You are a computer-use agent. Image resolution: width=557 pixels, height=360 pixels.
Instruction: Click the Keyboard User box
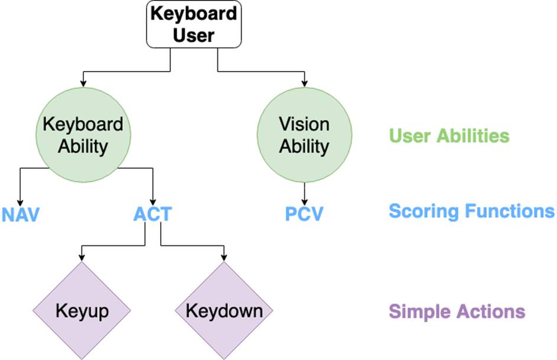point(194,24)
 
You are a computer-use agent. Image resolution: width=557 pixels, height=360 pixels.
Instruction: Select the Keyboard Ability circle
point(83,135)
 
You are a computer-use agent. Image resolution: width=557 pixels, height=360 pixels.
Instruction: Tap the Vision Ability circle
point(304,135)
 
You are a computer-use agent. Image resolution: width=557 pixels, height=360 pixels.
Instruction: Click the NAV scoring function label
point(20,215)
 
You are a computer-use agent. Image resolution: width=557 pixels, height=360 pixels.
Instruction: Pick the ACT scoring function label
point(153,214)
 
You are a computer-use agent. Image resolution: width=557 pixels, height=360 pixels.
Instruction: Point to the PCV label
point(304,214)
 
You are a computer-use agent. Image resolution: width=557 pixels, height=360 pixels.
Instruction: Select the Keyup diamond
point(82,310)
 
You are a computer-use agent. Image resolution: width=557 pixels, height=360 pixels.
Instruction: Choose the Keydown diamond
point(224,310)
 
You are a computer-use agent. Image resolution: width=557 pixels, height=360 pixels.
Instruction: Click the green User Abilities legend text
point(449,136)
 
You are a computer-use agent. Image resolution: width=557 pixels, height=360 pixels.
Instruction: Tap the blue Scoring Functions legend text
point(472,211)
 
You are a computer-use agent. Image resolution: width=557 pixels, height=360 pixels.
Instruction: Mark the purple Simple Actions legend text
point(457,312)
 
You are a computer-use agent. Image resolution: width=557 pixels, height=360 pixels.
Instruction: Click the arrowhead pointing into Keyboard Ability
point(83,84)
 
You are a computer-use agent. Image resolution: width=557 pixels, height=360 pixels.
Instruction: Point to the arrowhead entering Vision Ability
point(304,84)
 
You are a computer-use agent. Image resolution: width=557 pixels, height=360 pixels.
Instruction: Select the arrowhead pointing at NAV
point(20,203)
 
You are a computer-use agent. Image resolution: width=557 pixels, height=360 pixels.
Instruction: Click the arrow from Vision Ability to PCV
point(304,194)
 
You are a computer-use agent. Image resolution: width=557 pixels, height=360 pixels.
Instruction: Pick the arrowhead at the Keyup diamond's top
point(82,258)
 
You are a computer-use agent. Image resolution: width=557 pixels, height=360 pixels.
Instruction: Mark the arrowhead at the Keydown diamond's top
point(224,258)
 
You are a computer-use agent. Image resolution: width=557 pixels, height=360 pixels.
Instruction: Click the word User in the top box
point(194,35)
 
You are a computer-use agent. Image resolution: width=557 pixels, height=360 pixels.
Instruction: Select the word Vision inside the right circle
point(304,124)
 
